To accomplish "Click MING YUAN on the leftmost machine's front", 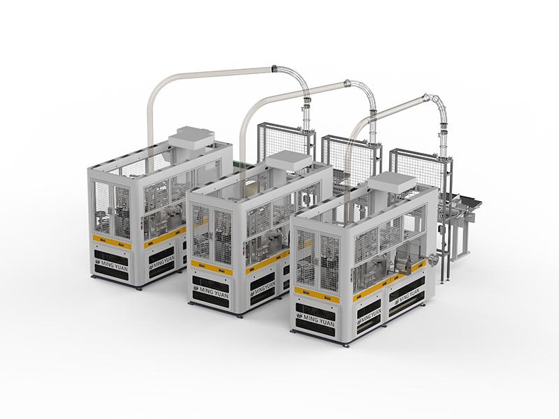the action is coord(111,266).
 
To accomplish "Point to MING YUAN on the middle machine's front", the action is coord(211,291).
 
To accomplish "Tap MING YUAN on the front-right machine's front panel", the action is coord(315,319).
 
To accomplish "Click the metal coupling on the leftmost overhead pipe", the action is coord(274,68).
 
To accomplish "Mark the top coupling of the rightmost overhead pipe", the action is coord(427,97).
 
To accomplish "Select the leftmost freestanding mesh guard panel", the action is coord(286,142).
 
